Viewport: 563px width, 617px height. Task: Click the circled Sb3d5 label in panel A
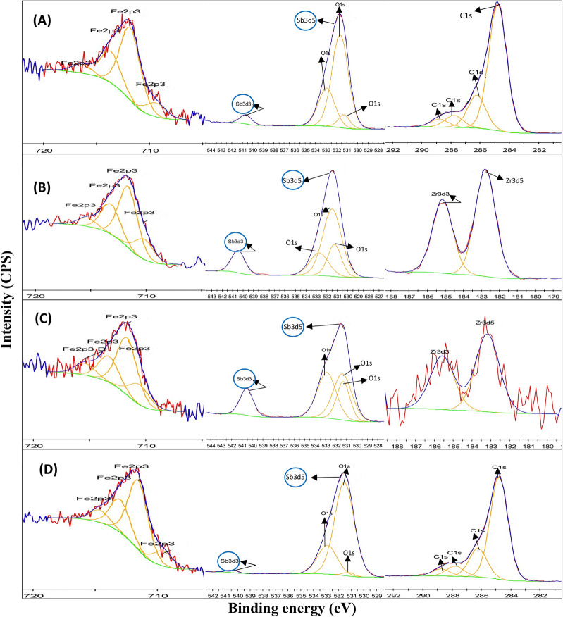[305, 21]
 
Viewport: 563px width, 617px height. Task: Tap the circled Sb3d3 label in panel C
[244, 378]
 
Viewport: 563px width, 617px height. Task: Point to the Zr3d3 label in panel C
[440, 350]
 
